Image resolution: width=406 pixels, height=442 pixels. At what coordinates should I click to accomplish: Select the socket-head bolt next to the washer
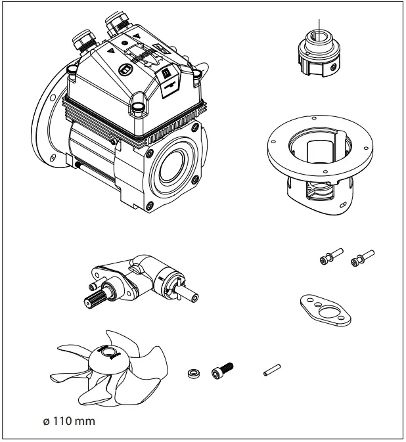pyautogui.click(x=222, y=372)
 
